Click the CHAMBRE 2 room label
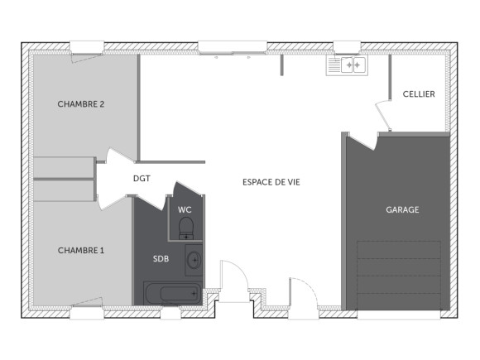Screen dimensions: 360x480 coord(80,104)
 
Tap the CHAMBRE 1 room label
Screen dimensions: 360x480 coord(80,250)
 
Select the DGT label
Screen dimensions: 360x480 coord(142,178)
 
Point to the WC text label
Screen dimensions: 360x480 coord(185,209)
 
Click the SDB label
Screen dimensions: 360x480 coord(161,259)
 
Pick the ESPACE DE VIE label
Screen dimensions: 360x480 coord(271,181)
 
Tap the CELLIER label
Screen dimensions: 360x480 coord(418,94)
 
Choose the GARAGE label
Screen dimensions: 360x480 coord(402,210)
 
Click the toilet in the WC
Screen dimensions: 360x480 coord(185,227)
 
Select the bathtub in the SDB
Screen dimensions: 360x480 coord(172,293)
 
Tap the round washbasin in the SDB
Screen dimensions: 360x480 coord(194,260)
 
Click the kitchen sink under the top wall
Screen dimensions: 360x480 coord(347,65)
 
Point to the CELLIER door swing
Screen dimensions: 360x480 coord(383,115)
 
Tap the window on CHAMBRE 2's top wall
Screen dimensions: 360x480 coord(86,46)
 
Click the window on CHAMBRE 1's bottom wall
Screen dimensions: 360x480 coord(86,312)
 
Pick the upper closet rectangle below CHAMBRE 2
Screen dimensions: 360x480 coord(65,167)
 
